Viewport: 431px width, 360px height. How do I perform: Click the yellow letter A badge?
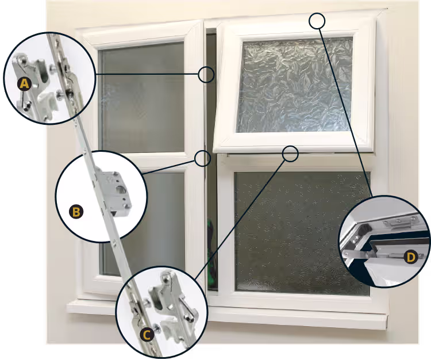tap(24, 85)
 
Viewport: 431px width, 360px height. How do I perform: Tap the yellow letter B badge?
tap(75, 212)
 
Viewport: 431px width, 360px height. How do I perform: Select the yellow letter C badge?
tap(147, 334)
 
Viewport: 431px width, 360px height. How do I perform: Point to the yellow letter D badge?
tap(410, 257)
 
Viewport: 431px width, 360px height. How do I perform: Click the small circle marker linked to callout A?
tap(206, 74)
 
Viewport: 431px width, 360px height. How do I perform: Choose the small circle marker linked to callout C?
tap(291, 153)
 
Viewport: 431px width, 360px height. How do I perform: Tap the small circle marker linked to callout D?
tap(317, 21)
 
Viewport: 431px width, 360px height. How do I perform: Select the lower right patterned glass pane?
tap(299, 230)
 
